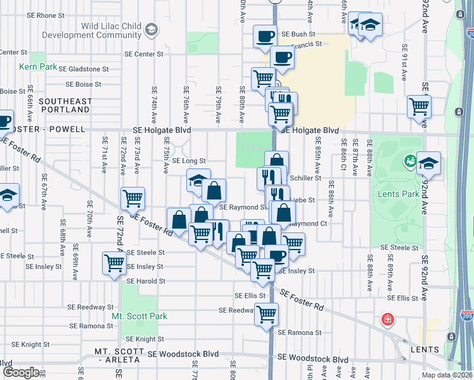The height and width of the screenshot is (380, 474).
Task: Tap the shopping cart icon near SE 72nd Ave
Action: click(114, 263)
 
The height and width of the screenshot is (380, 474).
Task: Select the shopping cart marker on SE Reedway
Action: click(267, 313)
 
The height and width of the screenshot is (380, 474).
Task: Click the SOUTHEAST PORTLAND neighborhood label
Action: click(65, 106)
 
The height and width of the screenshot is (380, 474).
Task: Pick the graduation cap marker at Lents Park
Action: click(428, 163)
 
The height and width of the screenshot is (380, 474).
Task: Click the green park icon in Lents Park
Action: click(410, 161)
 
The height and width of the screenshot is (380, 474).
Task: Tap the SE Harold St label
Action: click(146, 281)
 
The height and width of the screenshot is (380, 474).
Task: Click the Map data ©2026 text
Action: click(446, 375)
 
